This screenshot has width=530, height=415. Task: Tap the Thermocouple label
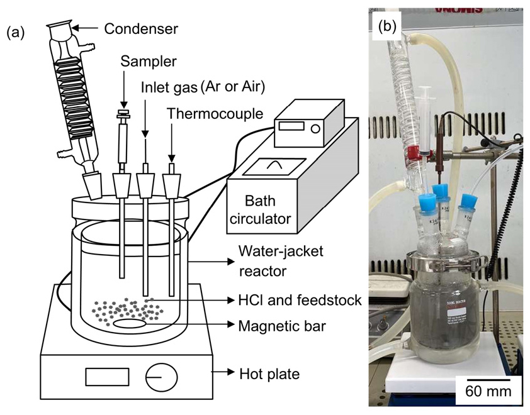click(x=205, y=114)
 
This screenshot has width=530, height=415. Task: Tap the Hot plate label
click(x=269, y=375)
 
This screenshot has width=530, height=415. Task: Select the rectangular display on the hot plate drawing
click(x=102, y=377)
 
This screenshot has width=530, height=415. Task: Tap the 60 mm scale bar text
click(x=488, y=392)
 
